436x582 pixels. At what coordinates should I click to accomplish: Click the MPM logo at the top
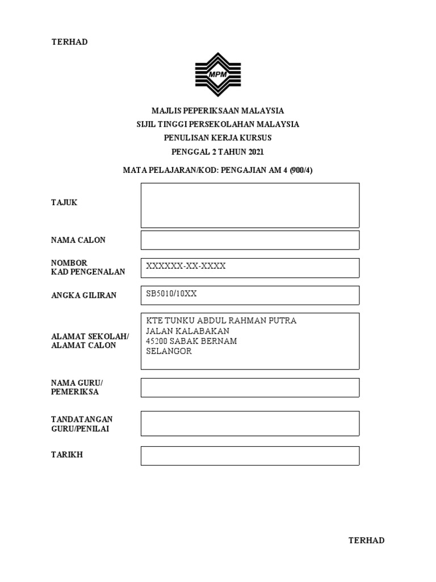(218, 74)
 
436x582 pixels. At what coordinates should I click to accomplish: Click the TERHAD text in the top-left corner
(69, 42)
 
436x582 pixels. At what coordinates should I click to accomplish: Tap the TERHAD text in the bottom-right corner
(366, 541)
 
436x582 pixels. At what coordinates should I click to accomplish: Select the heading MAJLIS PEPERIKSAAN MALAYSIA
(217, 111)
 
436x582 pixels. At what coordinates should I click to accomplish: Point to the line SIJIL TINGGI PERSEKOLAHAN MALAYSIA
(217, 124)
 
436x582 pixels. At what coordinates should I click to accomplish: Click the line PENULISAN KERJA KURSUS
(217, 138)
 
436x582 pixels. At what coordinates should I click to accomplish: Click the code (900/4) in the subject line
(300, 170)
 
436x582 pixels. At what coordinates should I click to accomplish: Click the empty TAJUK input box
(250, 205)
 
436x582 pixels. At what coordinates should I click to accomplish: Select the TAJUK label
(64, 203)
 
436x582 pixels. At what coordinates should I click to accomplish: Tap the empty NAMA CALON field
(250, 240)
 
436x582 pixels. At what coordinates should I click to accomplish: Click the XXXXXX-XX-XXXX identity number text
(186, 267)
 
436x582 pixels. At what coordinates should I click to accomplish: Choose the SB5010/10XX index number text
(171, 294)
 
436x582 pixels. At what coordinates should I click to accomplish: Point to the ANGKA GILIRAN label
(83, 295)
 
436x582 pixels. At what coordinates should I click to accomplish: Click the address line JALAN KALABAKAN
(188, 331)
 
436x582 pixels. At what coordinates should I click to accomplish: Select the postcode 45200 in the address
(157, 341)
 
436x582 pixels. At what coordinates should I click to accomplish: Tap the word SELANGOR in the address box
(169, 351)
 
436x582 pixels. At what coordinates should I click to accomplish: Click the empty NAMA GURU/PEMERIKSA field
(250, 388)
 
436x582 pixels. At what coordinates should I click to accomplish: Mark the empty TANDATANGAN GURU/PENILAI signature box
(250, 423)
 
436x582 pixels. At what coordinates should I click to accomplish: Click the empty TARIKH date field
(250, 456)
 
